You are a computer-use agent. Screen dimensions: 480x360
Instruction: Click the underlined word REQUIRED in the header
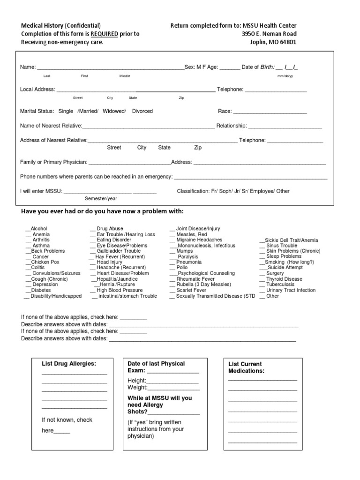[x=105, y=34]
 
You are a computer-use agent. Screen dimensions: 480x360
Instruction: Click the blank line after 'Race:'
[x=270, y=112]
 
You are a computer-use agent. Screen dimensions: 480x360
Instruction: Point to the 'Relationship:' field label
[x=232, y=126]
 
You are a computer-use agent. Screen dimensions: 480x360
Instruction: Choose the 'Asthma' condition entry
[x=41, y=246]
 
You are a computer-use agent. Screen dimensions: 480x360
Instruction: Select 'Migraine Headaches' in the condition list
[x=199, y=240]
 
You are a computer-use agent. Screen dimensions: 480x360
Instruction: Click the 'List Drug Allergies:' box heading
[x=69, y=364]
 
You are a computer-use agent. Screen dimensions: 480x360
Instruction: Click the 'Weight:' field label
[x=137, y=388]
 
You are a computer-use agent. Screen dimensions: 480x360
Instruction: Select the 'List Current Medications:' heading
[x=246, y=367]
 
